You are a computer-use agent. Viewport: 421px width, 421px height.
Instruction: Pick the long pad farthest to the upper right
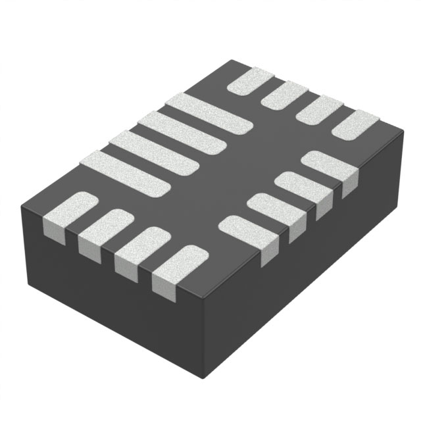tap(209, 116)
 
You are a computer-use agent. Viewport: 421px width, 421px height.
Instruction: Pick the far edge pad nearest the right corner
tap(356, 125)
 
